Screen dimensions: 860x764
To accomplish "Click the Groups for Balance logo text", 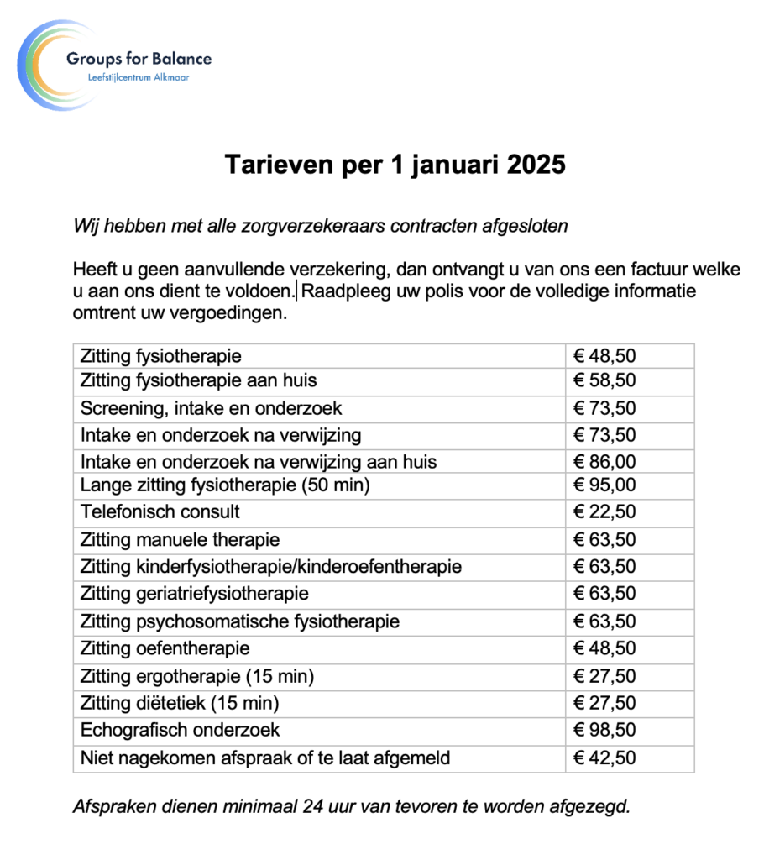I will click(139, 59).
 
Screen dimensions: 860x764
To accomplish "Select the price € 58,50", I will click(604, 380).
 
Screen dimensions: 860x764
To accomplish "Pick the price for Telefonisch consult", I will click(604, 511).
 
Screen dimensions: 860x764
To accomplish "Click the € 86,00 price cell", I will click(604, 462).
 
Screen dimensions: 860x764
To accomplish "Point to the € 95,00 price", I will click(604, 485).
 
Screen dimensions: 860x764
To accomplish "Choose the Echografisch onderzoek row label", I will click(180, 730).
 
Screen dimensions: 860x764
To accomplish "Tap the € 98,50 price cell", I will click(604, 730).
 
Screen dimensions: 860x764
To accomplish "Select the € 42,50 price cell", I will click(604, 758).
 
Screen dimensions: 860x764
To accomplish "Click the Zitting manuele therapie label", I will click(180, 539).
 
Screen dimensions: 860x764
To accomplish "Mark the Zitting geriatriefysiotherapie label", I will click(194, 594).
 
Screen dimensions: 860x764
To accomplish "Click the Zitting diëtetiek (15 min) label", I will click(179, 703).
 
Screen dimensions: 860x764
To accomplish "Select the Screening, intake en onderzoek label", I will click(211, 409).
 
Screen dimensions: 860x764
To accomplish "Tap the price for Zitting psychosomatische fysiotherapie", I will click(604, 621).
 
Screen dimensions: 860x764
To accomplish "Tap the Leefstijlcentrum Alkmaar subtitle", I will click(139, 78).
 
